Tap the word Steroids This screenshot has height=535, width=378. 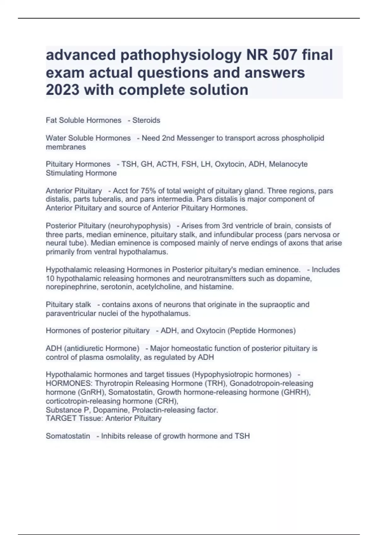[x=146, y=120]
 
